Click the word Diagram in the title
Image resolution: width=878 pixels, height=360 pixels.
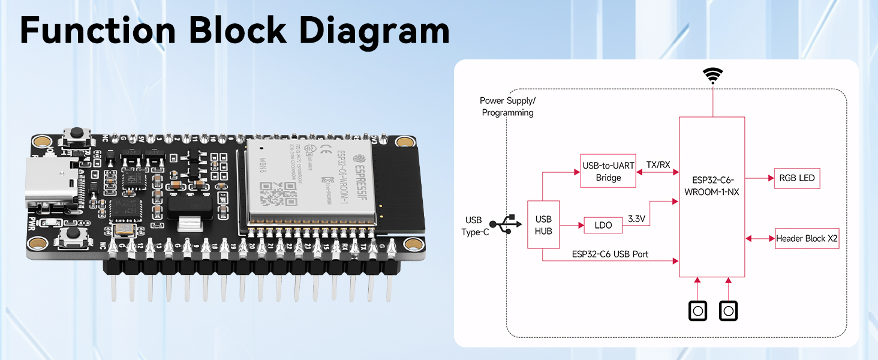coord(375,30)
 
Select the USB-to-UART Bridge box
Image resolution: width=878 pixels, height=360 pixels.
coord(608,172)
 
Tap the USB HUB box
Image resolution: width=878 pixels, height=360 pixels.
coord(543,225)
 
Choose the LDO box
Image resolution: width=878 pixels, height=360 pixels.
coord(603,226)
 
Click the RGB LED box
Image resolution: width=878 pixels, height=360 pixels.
coord(796,179)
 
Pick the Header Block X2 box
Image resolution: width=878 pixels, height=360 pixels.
coord(807,239)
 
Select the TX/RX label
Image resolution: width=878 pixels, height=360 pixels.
coord(658,164)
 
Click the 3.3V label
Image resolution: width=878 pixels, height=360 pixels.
coord(636,219)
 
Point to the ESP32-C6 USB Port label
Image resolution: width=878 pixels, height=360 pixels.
coord(610,254)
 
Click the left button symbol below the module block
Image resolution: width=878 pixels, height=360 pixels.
coord(697,311)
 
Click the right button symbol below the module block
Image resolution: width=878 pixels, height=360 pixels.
coord(729,311)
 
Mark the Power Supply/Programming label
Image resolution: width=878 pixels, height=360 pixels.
coord(507,107)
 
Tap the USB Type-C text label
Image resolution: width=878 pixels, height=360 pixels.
coord(475,226)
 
